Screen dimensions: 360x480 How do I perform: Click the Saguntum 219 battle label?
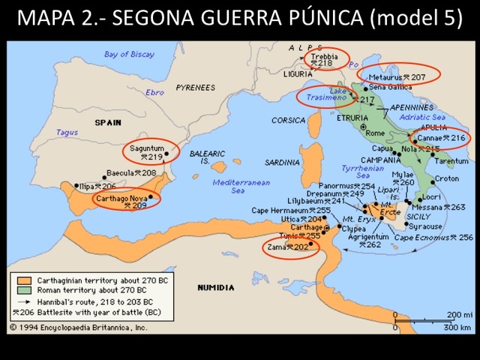[x=147, y=152]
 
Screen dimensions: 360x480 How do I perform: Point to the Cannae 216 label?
[x=442, y=138]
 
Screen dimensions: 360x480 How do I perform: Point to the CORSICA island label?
[x=288, y=120]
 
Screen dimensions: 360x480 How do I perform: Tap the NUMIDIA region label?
[x=215, y=287]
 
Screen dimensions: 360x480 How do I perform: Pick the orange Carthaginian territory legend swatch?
[x=21, y=278]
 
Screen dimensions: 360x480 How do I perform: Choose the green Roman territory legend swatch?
[x=21, y=289]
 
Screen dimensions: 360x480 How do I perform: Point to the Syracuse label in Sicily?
[x=424, y=226]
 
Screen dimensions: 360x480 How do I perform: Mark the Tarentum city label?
[x=451, y=161]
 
